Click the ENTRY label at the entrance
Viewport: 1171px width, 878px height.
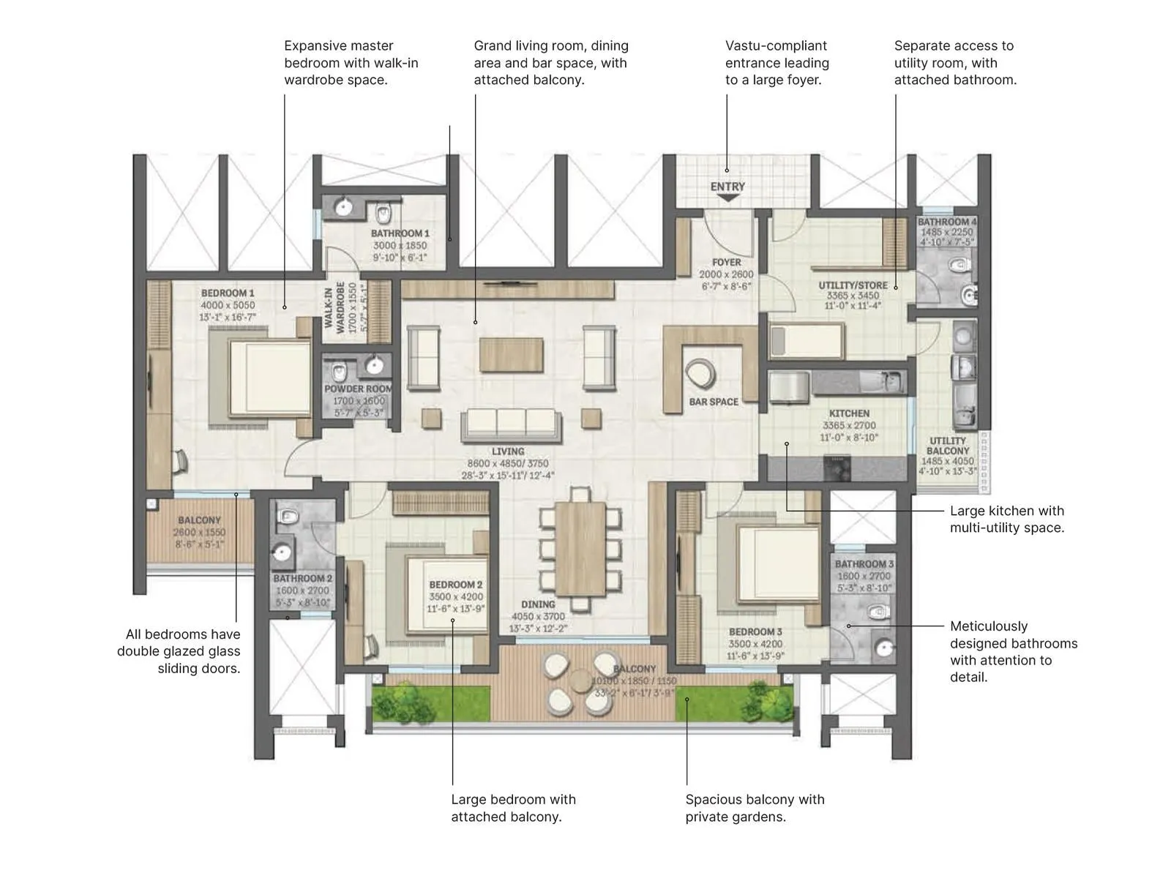[727, 187]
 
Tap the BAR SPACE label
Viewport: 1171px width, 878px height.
[714, 402]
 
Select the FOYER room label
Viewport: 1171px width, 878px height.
[726, 262]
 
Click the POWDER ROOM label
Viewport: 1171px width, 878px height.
[358, 389]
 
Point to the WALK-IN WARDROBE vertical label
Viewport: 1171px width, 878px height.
[334, 307]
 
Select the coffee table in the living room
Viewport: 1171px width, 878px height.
[511, 356]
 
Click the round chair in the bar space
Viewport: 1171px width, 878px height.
[701, 374]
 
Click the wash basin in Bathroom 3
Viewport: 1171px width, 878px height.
[886, 648]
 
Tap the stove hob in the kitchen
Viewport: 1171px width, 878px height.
[837, 466]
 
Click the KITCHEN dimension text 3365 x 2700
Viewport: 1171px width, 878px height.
[849, 425]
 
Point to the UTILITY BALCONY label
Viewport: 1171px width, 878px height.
[947, 446]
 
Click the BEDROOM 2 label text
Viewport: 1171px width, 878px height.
[455, 585]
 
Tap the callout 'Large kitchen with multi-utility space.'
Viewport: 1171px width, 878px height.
[1006, 519]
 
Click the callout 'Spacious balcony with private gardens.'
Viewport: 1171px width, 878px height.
[755, 808]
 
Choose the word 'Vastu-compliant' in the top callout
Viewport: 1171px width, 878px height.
[776, 45]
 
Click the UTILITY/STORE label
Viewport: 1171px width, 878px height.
[853, 285]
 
